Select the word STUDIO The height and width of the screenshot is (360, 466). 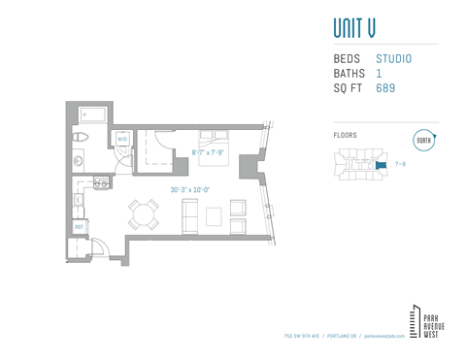pyautogui.click(x=393, y=59)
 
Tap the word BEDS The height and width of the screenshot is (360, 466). pyautogui.click(x=348, y=59)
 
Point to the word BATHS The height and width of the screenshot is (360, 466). pyautogui.click(x=349, y=74)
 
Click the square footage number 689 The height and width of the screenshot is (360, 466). pyautogui.click(x=385, y=88)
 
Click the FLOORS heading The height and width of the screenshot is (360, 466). pyautogui.click(x=345, y=136)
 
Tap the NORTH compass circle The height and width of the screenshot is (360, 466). pyautogui.click(x=423, y=140)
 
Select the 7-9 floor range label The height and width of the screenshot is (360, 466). pyautogui.click(x=401, y=164)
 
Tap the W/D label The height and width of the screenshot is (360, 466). pyautogui.click(x=123, y=140)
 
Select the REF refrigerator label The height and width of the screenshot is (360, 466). pyautogui.click(x=80, y=226)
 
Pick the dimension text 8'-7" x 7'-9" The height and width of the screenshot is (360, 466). pyautogui.click(x=207, y=152)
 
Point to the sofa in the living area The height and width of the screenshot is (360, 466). pyautogui.click(x=189, y=213)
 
